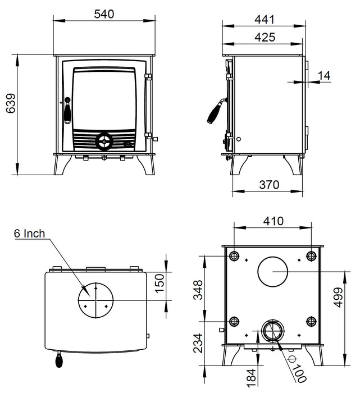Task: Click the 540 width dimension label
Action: tap(104, 14)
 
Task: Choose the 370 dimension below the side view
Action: tap(269, 185)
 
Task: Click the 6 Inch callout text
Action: tap(29, 234)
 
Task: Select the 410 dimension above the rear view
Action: tap(274, 222)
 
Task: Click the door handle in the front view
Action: tap(67, 110)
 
